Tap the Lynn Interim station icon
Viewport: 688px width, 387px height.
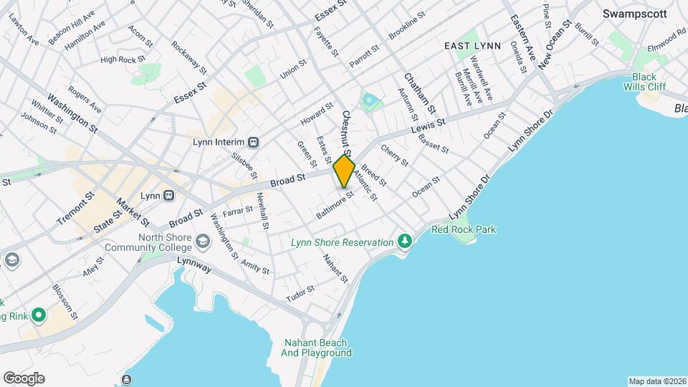coord(253,142)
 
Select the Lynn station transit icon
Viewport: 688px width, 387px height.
coord(168,195)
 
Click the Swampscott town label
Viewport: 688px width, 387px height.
coord(635,14)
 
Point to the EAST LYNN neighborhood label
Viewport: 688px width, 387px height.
coord(471,46)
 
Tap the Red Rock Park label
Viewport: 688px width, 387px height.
coord(464,229)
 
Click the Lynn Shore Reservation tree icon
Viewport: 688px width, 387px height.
coord(405,242)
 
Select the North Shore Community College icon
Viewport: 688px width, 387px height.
coord(204,242)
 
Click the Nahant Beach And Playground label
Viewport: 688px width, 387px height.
coord(316,348)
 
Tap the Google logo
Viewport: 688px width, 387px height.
coord(24,378)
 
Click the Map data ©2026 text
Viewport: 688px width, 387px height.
coord(656,381)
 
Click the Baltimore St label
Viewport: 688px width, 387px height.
coord(335,205)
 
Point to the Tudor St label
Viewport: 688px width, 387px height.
coord(300,292)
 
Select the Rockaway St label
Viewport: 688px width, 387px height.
coord(189,57)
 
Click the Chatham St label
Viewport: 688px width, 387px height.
coord(419,93)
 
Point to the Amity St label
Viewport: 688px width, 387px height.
coord(255,268)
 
